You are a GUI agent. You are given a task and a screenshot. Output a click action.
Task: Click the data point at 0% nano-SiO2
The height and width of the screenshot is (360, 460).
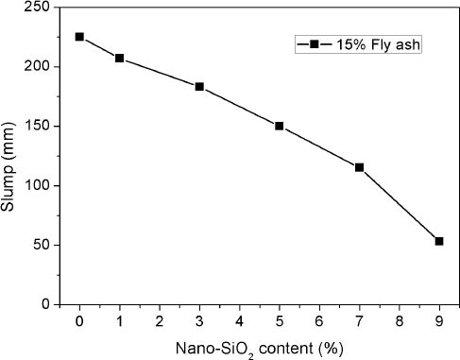79,37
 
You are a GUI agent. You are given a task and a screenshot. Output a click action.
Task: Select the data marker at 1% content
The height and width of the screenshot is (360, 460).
120,58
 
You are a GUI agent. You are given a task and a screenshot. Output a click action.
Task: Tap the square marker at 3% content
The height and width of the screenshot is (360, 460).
199,86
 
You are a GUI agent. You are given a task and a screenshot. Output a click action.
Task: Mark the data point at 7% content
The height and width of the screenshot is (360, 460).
359,167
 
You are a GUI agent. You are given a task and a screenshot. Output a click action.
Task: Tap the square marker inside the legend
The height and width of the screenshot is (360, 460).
313,44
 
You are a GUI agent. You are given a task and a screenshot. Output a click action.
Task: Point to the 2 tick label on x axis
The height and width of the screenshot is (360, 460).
160,320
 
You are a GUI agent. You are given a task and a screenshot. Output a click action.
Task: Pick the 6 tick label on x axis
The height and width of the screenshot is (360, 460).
319,320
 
